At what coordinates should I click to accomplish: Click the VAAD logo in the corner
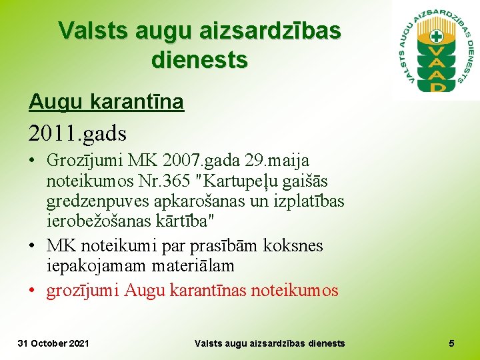point(437,50)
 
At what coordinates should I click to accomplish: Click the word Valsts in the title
point(93,31)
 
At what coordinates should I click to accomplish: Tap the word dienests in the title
point(199,60)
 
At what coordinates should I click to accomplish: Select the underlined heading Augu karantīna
point(106,102)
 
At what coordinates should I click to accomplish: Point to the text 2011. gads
point(77,133)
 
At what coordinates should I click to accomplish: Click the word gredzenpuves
point(95,201)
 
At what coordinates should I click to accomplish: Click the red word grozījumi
point(83,291)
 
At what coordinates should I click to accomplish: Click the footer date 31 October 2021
point(53,343)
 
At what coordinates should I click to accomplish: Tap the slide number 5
point(451,343)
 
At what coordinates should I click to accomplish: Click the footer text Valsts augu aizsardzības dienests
point(269,343)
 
